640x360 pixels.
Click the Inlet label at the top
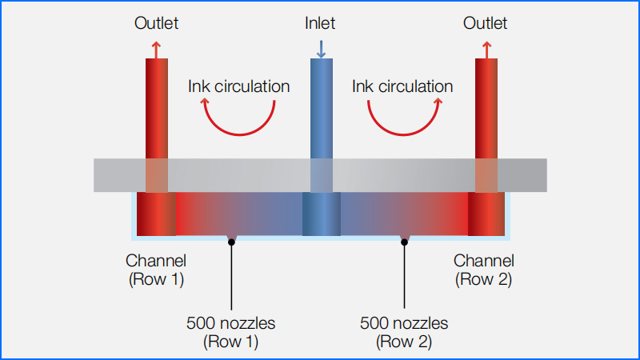(x=320, y=23)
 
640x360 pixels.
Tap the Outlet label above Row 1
(x=156, y=23)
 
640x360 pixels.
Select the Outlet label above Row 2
(x=485, y=23)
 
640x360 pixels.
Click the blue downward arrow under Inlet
(x=322, y=49)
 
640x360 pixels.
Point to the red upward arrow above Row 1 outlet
(x=156, y=50)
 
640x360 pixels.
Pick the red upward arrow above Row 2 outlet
(x=486, y=50)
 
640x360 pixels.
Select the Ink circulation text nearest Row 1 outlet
(x=238, y=86)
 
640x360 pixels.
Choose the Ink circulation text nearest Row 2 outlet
(x=402, y=86)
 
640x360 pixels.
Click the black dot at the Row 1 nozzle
(x=231, y=242)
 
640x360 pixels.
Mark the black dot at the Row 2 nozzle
(x=404, y=242)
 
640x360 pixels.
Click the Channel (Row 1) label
(x=156, y=270)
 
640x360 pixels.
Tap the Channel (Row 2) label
(x=484, y=270)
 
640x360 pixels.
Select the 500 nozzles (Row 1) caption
(x=231, y=332)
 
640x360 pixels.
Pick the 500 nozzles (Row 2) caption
(x=404, y=332)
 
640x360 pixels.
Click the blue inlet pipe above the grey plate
(x=322, y=109)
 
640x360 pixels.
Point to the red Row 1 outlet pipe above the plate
(x=157, y=109)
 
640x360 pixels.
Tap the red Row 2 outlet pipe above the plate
(x=486, y=109)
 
